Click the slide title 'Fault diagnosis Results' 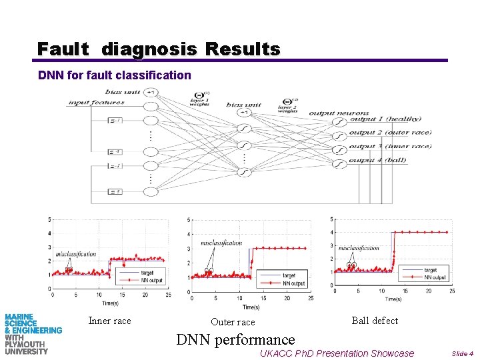point(159,49)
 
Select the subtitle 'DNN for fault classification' point(115,75)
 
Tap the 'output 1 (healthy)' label point(385,119)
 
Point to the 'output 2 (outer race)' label point(390,132)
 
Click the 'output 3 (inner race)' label point(390,146)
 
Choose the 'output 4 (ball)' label point(378,161)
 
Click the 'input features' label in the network point(96,102)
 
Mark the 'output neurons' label point(339,113)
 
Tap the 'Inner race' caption point(109,321)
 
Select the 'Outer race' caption point(233,322)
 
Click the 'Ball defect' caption point(375,321)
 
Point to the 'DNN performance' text point(235,339)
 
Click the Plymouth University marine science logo point(32,333)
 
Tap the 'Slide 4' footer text point(462,353)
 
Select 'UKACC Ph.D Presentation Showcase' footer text point(337,353)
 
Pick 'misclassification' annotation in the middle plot point(221,243)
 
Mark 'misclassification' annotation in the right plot point(359,248)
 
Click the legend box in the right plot point(427,273)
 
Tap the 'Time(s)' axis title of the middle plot point(251,307)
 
